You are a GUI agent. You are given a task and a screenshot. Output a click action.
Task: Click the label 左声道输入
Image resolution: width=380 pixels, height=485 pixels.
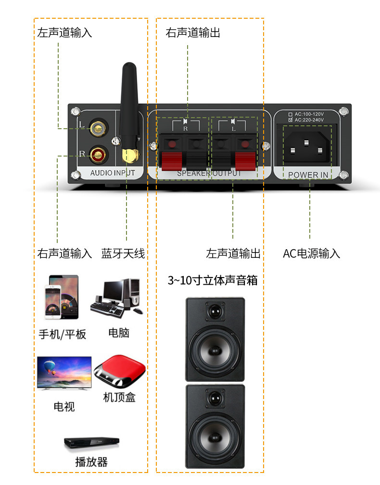(x=64, y=33)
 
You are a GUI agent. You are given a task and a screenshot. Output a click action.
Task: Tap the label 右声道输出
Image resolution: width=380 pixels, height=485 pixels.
(x=193, y=33)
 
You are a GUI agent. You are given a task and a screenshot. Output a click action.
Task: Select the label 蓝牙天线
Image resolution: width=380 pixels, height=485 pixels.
(x=123, y=253)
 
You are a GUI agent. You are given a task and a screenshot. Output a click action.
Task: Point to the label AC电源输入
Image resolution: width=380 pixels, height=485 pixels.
(x=311, y=253)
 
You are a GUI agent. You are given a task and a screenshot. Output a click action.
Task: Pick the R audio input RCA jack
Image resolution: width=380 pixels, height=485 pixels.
(x=98, y=154)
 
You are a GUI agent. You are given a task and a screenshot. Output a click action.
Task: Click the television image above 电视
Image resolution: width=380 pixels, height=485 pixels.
(x=64, y=373)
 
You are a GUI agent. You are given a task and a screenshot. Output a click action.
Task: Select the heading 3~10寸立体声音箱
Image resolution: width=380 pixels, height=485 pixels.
(x=212, y=280)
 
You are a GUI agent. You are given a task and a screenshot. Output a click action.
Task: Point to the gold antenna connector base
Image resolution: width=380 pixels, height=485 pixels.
(x=129, y=155)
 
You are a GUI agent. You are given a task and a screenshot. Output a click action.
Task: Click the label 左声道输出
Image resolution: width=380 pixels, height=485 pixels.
(x=233, y=253)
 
